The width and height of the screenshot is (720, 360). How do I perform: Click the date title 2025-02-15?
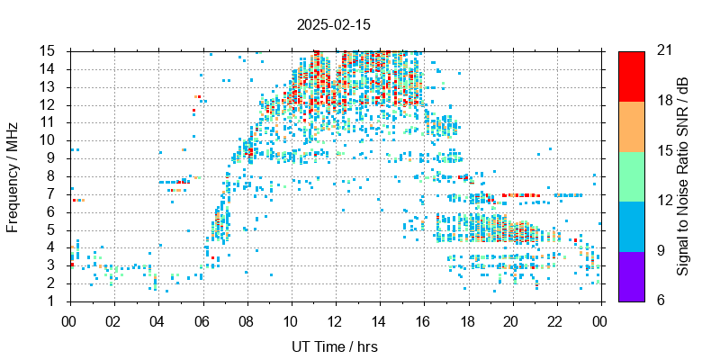tap(333, 24)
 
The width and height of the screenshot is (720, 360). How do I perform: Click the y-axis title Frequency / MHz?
tap(13, 175)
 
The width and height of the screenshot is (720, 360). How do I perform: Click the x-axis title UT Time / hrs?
tap(334, 346)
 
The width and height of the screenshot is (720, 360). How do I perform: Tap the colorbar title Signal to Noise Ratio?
tap(684, 175)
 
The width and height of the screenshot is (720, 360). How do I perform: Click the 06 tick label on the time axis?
tap(202, 319)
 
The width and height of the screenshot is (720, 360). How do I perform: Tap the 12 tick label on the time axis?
tap(334, 319)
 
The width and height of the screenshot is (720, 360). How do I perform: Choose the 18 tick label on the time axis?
tap(467, 319)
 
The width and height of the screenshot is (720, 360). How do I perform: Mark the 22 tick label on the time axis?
tap(555, 319)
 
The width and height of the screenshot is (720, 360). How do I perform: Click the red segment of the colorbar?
tap(631, 76)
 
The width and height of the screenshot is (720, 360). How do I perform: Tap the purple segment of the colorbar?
tap(631, 275)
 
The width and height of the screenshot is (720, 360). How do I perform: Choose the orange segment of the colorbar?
tap(631, 126)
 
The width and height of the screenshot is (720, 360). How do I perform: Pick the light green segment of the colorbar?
tap(631, 175)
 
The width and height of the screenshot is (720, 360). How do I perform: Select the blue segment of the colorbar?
tap(631, 226)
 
